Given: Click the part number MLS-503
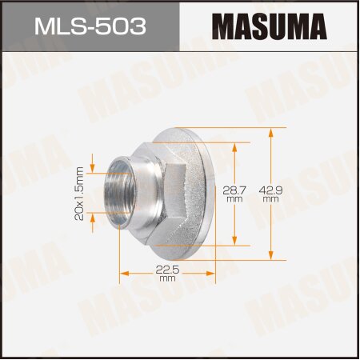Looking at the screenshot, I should coord(90,26).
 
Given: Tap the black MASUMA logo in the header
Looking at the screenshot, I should coord(270,26).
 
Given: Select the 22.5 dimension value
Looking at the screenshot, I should coord(166,270).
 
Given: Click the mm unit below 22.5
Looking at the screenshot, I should coord(166,280).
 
